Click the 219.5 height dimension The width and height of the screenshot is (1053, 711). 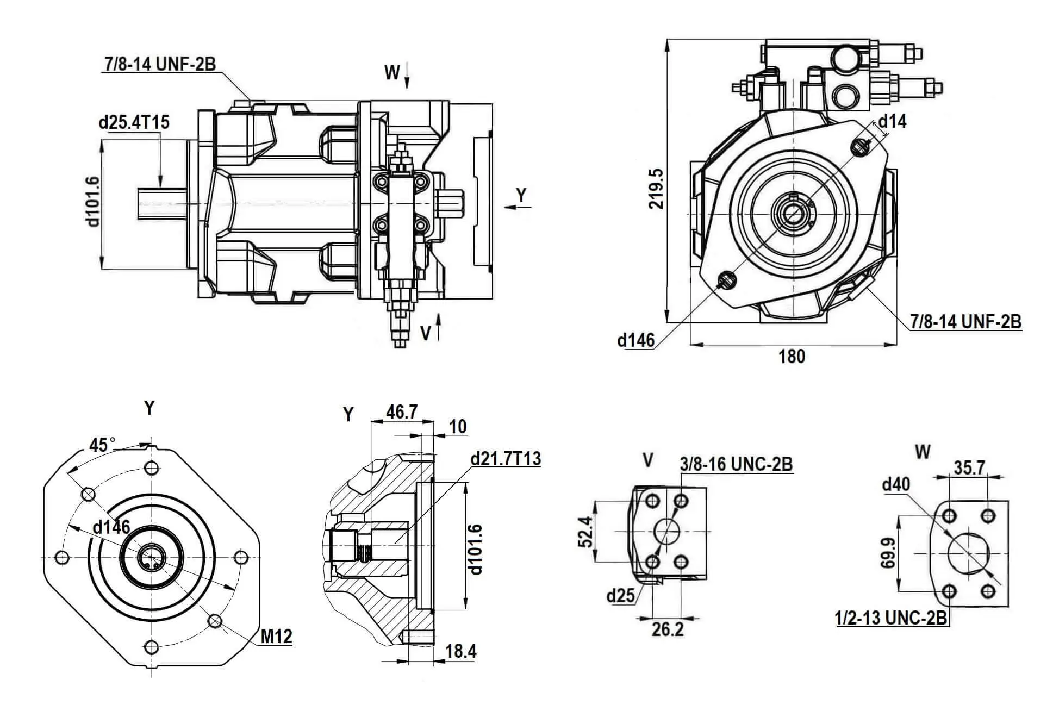(657, 188)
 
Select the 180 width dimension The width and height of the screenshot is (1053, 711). (792, 357)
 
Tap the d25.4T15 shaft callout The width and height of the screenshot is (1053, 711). (134, 122)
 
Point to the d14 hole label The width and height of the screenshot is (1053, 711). (892, 121)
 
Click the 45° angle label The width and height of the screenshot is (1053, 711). (102, 445)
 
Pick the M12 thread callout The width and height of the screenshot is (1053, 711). (277, 636)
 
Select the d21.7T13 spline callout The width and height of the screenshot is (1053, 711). (506, 459)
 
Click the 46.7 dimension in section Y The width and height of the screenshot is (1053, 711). (401, 411)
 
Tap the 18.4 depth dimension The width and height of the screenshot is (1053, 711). (460, 651)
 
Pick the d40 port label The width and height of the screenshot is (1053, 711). (895, 484)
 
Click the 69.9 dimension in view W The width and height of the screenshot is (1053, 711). (888, 553)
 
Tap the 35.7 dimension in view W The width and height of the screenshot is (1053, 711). (969, 467)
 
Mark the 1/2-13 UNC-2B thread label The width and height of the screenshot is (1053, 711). (891, 618)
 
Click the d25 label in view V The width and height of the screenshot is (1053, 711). (620, 596)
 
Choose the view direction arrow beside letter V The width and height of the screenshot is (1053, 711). (439, 327)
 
